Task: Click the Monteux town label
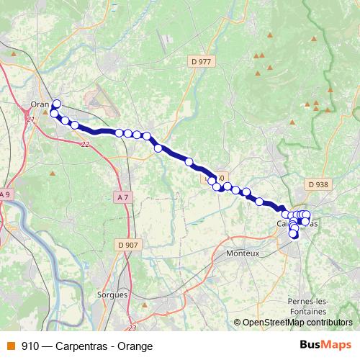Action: [242, 254]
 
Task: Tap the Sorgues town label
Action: [112, 294]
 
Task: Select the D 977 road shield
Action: [201, 62]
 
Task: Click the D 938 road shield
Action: [317, 184]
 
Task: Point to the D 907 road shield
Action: [127, 245]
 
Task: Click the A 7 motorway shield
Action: [124, 197]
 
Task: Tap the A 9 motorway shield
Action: [6, 194]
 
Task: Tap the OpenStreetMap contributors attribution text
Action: [297, 323]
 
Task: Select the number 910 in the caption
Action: [30, 346]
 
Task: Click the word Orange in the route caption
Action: [136, 346]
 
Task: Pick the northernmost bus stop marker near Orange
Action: [57, 104]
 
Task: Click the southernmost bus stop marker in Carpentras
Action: [294, 235]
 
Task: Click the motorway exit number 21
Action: [30, 119]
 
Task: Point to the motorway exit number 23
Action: [132, 307]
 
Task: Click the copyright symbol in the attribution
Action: [237, 323]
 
